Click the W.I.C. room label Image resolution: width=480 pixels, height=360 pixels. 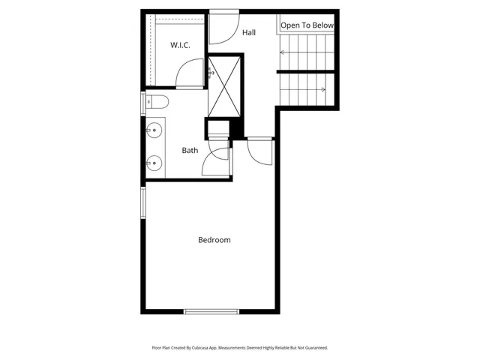pos(180,45)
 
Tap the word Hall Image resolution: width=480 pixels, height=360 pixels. pos(250,33)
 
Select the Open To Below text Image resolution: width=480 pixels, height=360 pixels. pos(306,25)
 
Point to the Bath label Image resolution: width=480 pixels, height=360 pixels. pos(190,150)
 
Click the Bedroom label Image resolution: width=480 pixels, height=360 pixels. pos(214,240)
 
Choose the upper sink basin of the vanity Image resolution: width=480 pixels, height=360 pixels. pos(154,130)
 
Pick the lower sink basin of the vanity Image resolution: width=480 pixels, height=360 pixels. pos(154,162)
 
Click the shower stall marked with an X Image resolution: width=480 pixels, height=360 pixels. pos(225,86)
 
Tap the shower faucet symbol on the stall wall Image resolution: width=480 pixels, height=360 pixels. pos(210,73)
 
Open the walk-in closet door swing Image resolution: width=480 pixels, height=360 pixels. pos(190,75)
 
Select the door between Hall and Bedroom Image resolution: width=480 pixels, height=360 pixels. pos(259,153)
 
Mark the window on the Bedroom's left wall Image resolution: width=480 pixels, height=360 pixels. pos(142,202)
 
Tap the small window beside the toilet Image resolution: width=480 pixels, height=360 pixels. pos(142,103)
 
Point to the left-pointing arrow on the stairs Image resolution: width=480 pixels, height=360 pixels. pos(283,52)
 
